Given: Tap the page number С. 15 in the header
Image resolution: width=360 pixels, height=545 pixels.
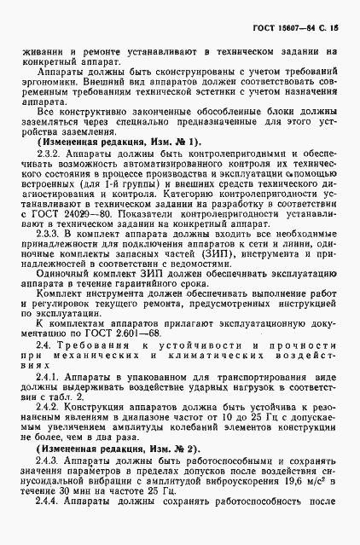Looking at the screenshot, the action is pyautogui.click(x=328, y=28).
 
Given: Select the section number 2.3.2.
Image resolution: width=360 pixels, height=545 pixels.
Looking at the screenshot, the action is pyautogui.click(x=49, y=154).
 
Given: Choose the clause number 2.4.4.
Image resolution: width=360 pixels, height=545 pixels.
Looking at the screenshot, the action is pyautogui.click(x=49, y=502).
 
